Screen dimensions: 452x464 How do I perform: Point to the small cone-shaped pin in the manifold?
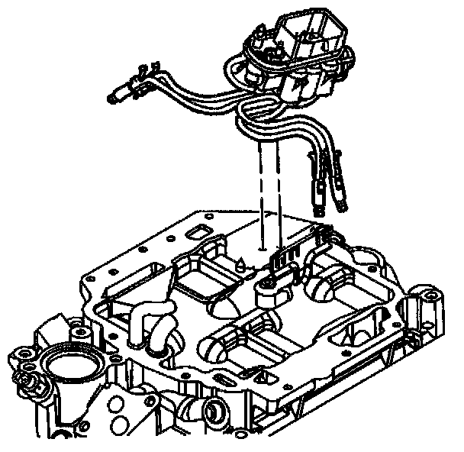(239, 264)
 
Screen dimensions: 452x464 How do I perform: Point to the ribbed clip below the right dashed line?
(283, 260)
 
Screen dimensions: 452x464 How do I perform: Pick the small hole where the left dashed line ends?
(262, 248)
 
